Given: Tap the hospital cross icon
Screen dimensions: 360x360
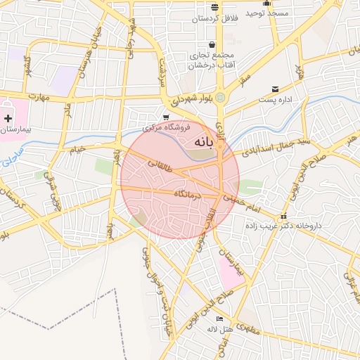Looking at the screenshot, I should pyautogui.click(x=8, y=118).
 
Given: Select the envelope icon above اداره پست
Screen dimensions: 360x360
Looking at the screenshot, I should pyautogui.click(x=276, y=89).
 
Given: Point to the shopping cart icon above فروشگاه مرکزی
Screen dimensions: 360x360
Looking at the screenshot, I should pyautogui.click(x=166, y=117).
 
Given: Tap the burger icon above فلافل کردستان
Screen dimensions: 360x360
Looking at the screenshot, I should pyautogui.click(x=214, y=8).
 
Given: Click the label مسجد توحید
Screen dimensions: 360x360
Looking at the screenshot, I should pyautogui.click(x=268, y=13).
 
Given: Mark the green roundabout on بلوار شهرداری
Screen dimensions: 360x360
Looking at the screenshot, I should pyautogui.click(x=221, y=97).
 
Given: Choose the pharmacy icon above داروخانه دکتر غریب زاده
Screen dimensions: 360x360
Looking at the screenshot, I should pyautogui.click(x=283, y=216).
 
